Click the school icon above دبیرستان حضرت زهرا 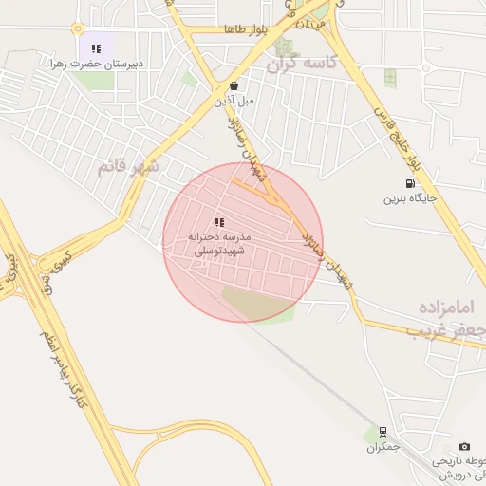(x=96, y=47)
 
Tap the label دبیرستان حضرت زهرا (x=97, y=64)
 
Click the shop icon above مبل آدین (x=248, y=84)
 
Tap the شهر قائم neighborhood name (x=128, y=168)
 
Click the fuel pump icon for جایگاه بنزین (x=409, y=184)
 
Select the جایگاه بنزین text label (x=409, y=199)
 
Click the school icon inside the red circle (x=219, y=222)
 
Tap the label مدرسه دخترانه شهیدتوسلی (x=219, y=243)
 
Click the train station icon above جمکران (x=383, y=432)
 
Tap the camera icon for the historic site (x=464, y=446)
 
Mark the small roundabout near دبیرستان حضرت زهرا (x=79, y=28)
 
